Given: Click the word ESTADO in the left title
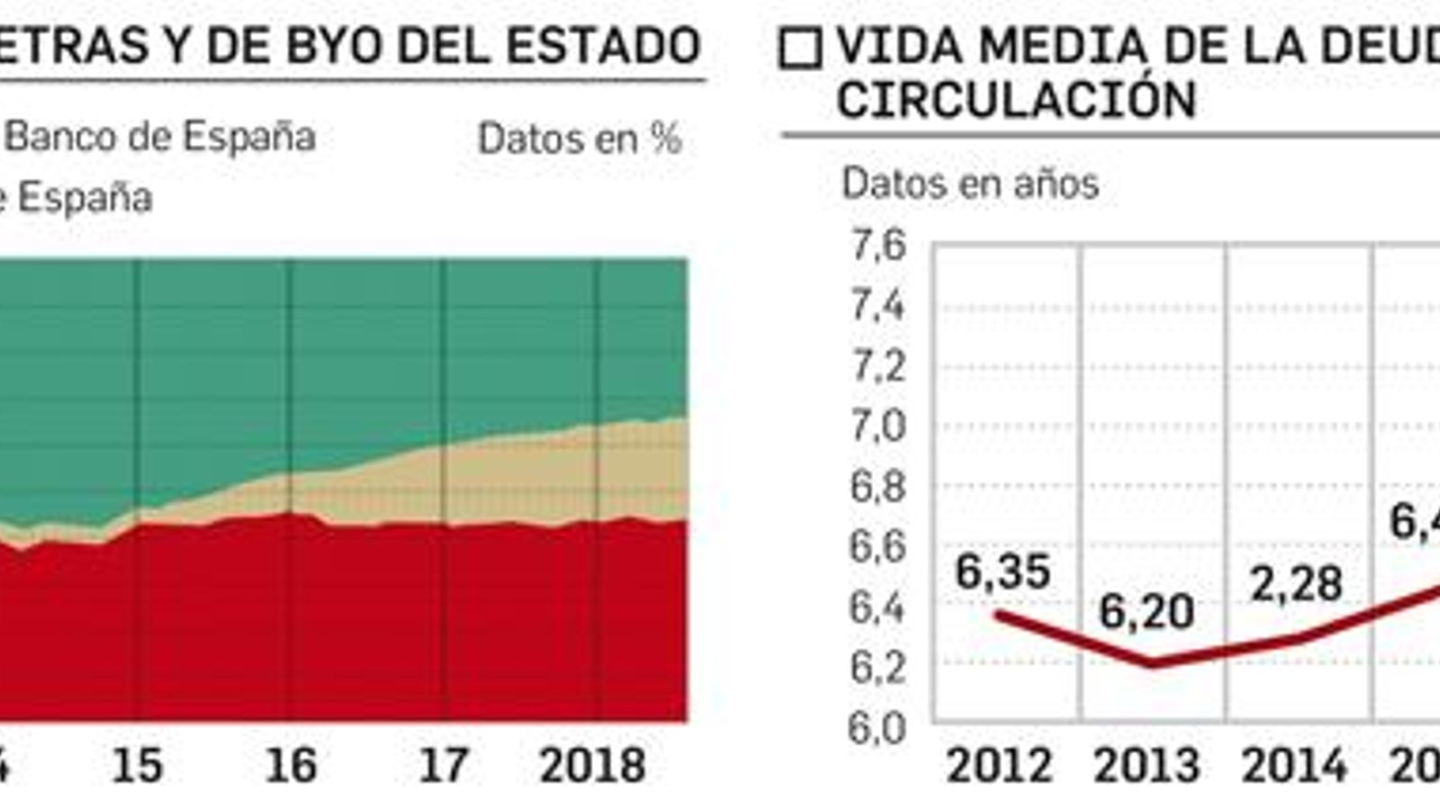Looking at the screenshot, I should (x=603, y=45).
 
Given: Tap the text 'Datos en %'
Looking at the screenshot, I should (x=580, y=139).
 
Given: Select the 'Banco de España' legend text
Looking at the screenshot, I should (x=160, y=138).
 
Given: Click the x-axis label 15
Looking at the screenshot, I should (x=137, y=765).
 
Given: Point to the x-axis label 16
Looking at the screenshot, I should (x=291, y=765).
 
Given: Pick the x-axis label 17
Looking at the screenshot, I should (x=444, y=765).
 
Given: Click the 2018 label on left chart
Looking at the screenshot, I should (x=592, y=765).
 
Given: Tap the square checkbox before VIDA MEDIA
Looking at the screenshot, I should (x=800, y=49).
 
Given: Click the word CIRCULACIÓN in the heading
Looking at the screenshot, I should (x=1016, y=99).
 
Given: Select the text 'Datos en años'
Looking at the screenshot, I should (x=969, y=184).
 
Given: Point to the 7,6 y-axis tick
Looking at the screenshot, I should (x=878, y=245).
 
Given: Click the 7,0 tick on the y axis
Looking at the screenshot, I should (x=878, y=426).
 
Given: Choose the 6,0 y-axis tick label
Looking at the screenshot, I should (x=877, y=727).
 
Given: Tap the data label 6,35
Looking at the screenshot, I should (x=1003, y=572).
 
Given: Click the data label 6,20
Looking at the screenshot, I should (x=1146, y=613).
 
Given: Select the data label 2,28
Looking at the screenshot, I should (x=1296, y=585).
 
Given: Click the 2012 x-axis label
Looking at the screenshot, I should (x=999, y=766).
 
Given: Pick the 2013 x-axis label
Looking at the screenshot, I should (x=1146, y=766).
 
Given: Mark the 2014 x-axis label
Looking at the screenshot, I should (x=1294, y=766).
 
